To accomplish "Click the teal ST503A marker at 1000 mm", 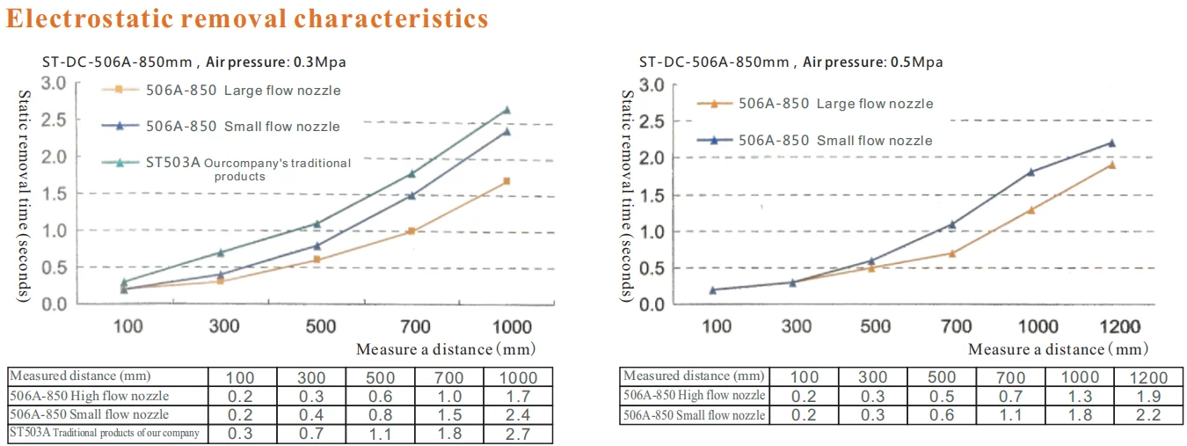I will click(506, 110).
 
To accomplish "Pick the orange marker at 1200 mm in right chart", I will click(1111, 165).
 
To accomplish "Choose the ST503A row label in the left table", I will click(105, 433).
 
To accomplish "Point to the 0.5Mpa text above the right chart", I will click(920, 62).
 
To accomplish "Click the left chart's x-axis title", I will click(445, 349).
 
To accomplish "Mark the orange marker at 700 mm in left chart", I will click(411, 231).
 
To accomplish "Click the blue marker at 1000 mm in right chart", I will click(1031, 172).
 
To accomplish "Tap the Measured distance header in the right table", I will click(694, 377).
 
